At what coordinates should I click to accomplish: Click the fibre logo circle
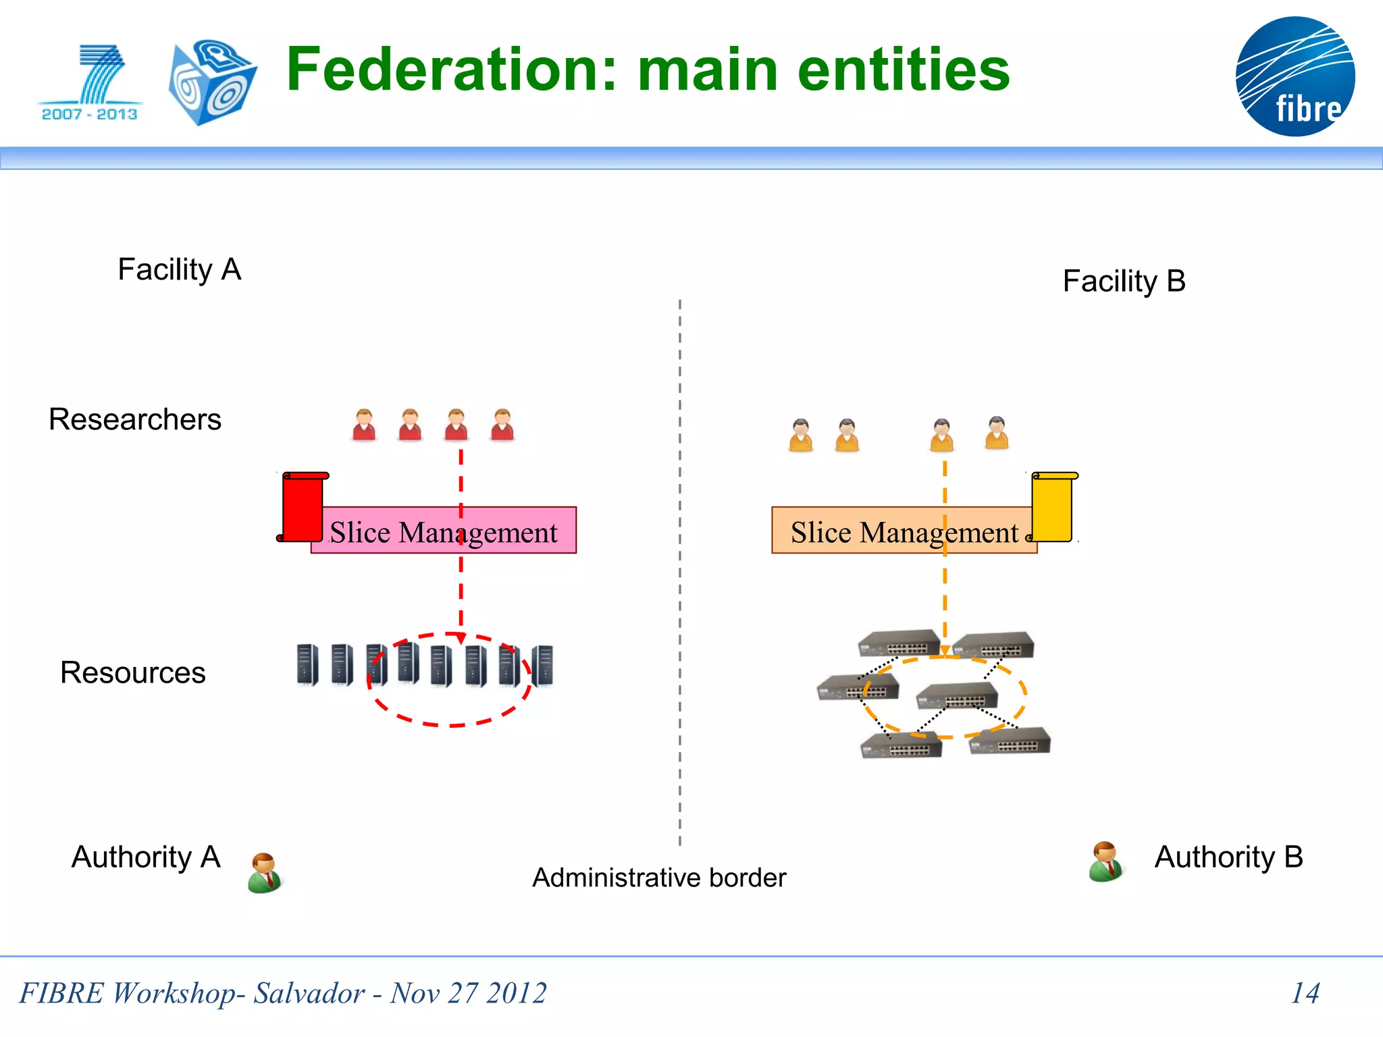pyautogui.click(x=1295, y=76)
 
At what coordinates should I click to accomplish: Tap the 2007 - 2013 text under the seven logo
pyautogui.click(x=89, y=114)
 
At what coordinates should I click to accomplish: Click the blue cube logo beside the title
pyautogui.click(x=212, y=82)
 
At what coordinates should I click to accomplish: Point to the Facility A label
pyautogui.click(x=179, y=269)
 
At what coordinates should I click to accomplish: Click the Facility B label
pyautogui.click(x=1124, y=281)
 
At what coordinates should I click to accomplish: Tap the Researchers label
pyautogui.click(x=135, y=419)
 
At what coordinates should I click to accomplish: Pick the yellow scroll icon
pyautogui.click(x=1053, y=507)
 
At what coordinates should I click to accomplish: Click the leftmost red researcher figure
pyautogui.click(x=364, y=425)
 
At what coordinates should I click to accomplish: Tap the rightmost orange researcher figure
pyautogui.click(x=997, y=433)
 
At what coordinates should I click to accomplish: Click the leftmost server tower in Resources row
pyautogui.click(x=307, y=664)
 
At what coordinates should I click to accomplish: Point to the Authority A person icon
pyautogui.click(x=265, y=873)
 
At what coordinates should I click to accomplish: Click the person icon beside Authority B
pyautogui.click(x=1105, y=861)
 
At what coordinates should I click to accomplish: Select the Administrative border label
pyautogui.click(x=659, y=878)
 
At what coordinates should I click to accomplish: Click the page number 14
pyautogui.click(x=1305, y=992)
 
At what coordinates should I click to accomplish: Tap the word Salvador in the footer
pyautogui.click(x=309, y=993)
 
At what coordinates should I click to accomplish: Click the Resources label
pyautogui.click(x=133, y=672)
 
